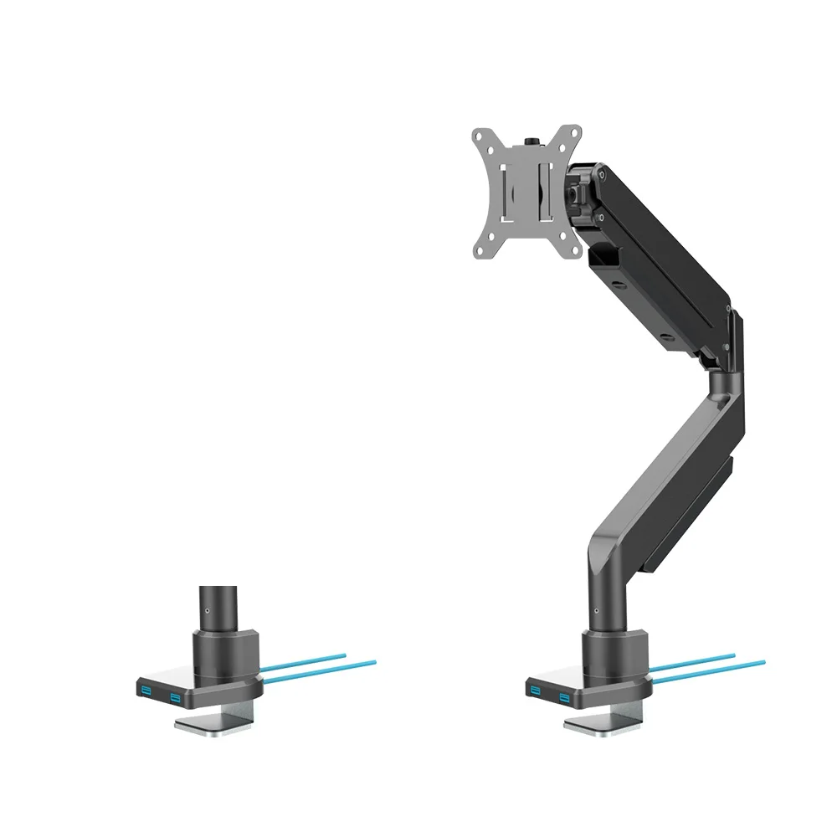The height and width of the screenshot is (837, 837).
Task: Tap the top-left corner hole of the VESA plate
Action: point(480,136)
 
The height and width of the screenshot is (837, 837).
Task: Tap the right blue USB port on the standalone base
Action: point(174,696)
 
